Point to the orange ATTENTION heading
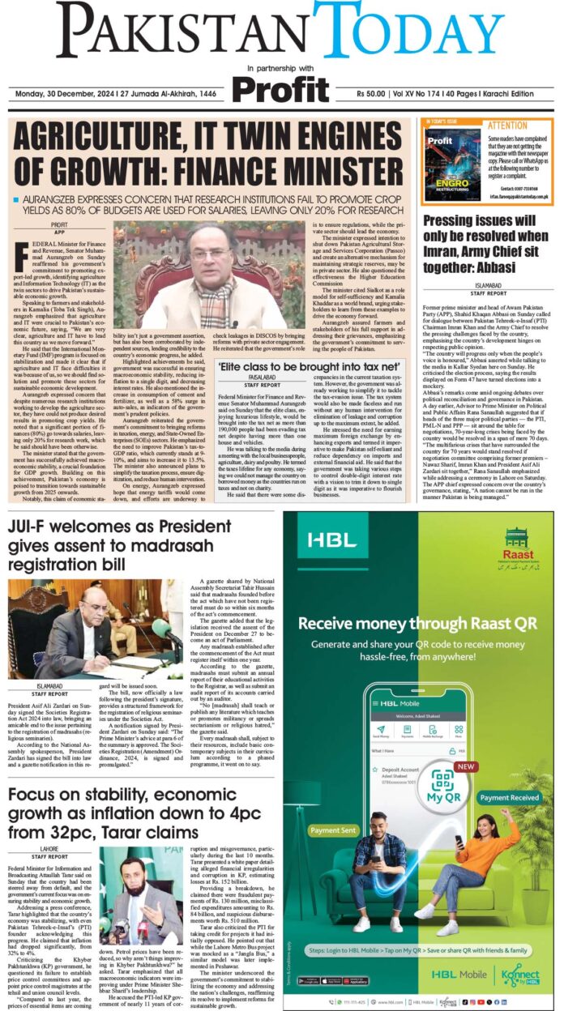(x=506, y=126)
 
